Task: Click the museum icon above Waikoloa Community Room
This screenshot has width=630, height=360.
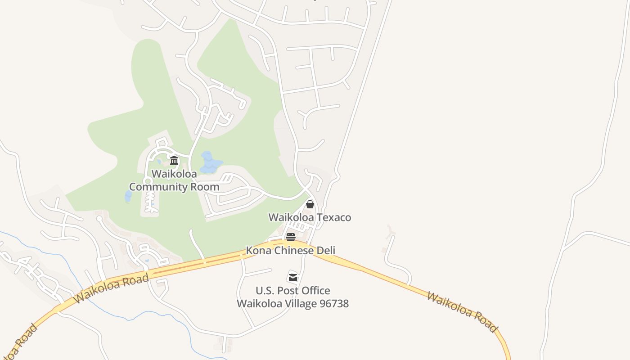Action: tap(174, 160)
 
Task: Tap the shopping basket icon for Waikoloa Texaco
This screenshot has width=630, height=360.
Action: tap(310, 204)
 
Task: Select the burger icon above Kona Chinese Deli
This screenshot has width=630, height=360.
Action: tap(291, 237)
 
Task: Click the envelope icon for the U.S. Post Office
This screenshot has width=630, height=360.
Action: tap(293, 277)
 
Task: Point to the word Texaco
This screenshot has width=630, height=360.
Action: tap(334, 217)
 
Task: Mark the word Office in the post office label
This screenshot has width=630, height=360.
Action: tap(316, 290)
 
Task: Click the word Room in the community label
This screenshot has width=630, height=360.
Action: tap(205, 187)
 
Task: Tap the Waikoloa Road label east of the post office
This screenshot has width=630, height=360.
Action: tap(462, 312)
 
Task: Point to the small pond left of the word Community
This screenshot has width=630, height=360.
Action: tap(128, 196)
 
